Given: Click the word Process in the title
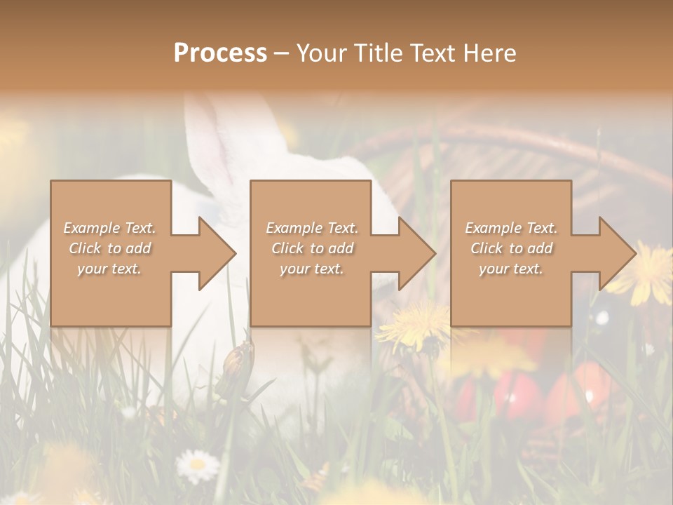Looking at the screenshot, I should pyautogui.click(x=220, y=53).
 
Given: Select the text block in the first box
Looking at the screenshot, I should pyautogui.click(x=109, y=248).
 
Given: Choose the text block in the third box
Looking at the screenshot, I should pyautogui.click(x=511, y=248).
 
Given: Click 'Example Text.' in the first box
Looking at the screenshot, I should pyautogui.click(x=109, y=228).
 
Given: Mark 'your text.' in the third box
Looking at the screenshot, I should pyautogui.click(x=511, y=269).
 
